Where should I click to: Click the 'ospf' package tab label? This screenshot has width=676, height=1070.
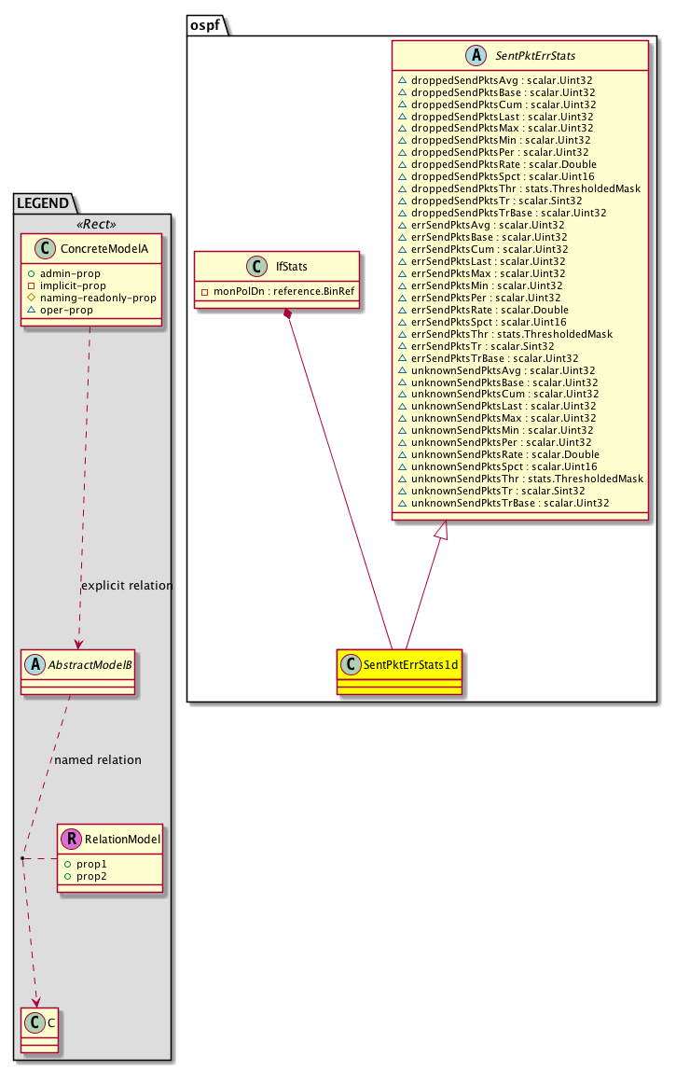click(x=204, y=25)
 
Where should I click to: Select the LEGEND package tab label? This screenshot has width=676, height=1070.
click(x=43, y=203)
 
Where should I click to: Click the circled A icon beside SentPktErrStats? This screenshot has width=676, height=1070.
click(x=476, y=55)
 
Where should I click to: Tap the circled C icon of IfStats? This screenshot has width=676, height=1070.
click(x=256, y=266)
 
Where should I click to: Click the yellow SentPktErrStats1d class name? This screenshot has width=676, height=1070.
click(x=410, y=664)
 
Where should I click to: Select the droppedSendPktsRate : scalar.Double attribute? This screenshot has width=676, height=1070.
click(x=504, y=164)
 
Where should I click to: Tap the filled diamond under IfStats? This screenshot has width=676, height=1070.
click(x=288, y=314)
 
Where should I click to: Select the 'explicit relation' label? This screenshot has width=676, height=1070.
click(x=127, y=586)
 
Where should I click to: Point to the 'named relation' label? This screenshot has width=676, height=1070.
click(x=98, y=760)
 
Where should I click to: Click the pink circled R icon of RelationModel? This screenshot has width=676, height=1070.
click(x=71, y=839)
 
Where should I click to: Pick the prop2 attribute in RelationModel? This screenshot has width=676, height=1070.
click(x=91, y=876)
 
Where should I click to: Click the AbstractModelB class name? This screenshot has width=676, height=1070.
click(x=90, y=664)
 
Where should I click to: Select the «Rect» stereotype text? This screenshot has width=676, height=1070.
click(x=96, y=224)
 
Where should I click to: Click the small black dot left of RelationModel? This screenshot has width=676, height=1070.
click(x=22, y=858)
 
